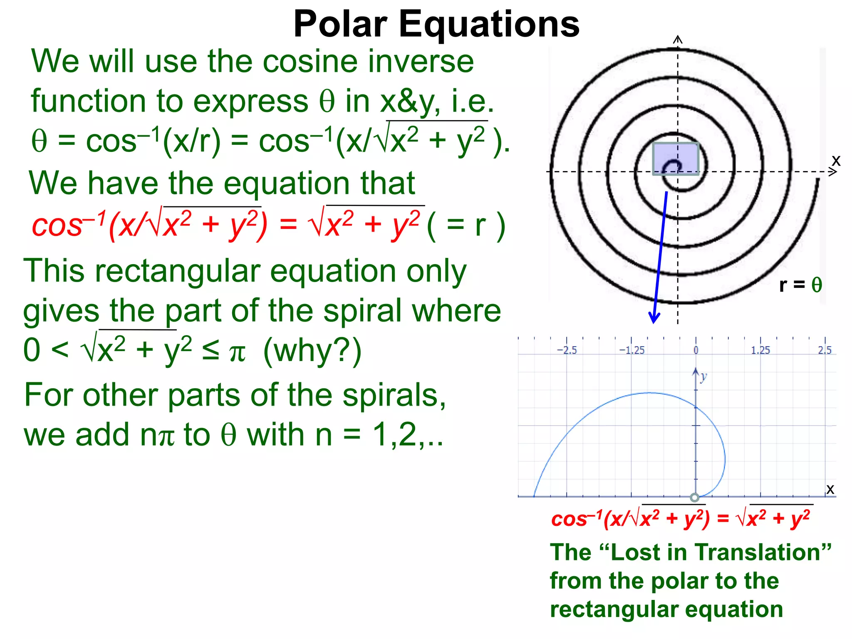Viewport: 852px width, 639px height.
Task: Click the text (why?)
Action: [x=312, y=350]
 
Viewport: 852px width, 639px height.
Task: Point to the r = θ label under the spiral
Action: [x=800, y=285]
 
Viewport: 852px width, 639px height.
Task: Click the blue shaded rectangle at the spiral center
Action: [x=675, y=159]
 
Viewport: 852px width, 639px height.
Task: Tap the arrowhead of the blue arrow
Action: [x=654, y=318]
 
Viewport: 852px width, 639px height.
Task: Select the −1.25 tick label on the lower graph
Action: [x=632, y=350]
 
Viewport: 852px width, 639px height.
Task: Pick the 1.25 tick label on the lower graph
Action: [x=760, y=350]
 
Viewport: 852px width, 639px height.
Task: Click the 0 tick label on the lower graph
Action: [x=696, y=350]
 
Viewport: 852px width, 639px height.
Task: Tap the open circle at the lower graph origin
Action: [x=694, y=497]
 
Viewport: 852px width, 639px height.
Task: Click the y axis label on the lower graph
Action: [x=703, y=377]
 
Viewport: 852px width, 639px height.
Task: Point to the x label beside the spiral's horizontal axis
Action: [x=836, y=160]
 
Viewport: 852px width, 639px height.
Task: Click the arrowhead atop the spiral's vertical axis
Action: [x=678, y=40]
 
